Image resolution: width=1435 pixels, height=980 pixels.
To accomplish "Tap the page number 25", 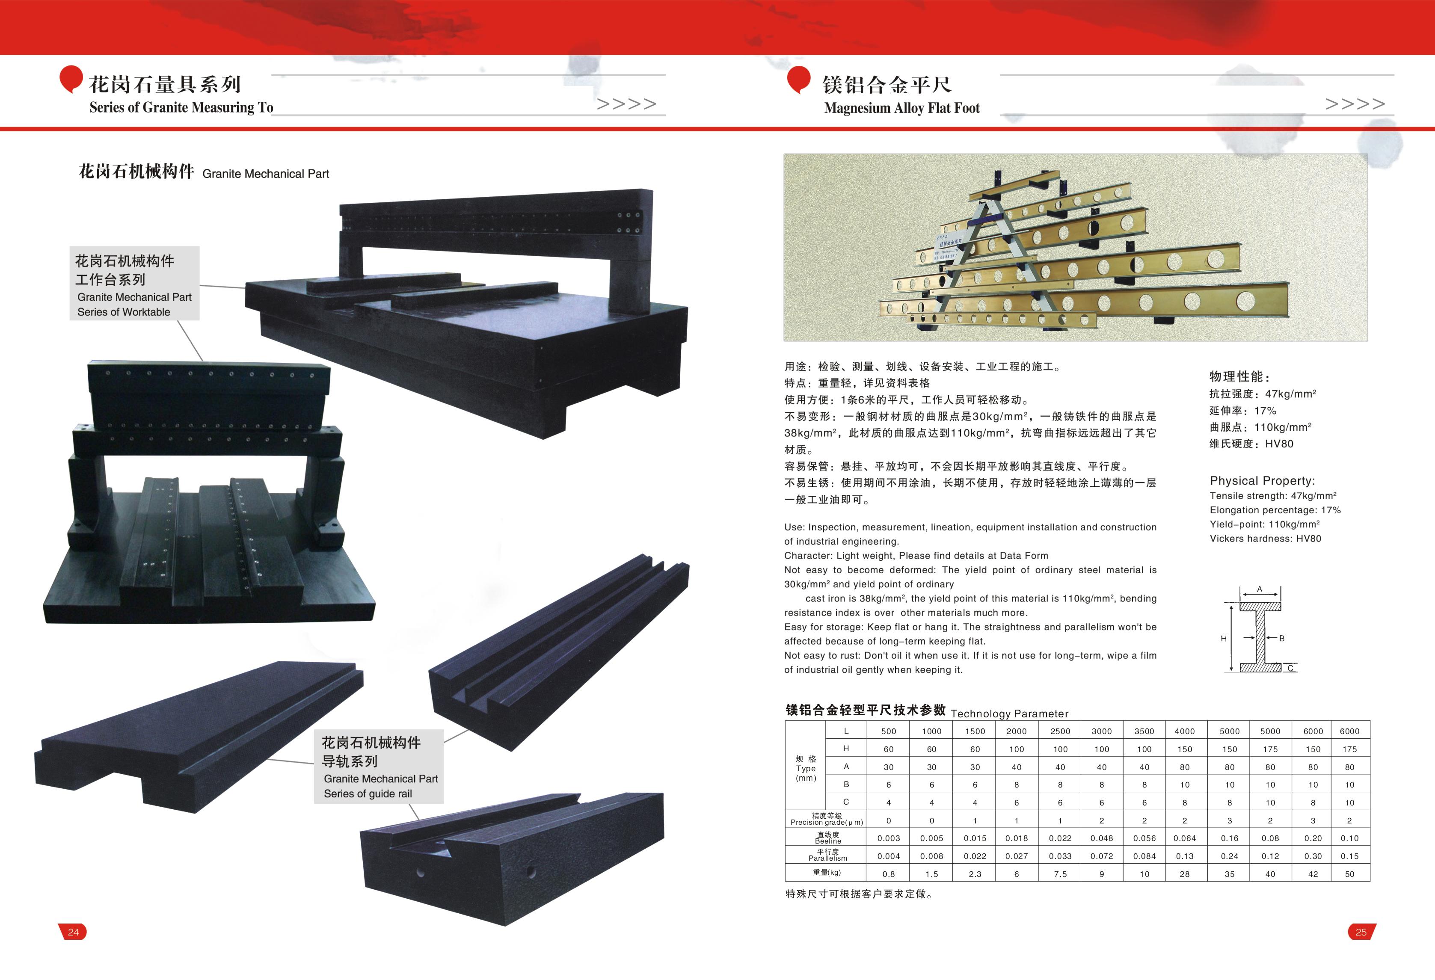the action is pyautogui.click(x=1361, y=932).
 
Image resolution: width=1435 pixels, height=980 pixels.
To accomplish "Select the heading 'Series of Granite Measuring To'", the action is pyautogui.click(x=181, y=107).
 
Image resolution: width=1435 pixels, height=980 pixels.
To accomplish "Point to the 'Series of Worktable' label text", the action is pyautogui.click(x=124, y=312).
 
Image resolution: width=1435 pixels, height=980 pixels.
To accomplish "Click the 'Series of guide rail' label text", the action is pyautogui.click(x=368, y=793).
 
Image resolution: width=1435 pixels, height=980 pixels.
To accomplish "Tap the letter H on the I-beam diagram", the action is pyautogui.click(x=1223, y=639).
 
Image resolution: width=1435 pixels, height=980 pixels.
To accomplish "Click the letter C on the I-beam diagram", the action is pyautogui.click(x=1290, y=668).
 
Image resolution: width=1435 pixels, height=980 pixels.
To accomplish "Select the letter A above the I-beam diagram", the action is pyautogui.click(x=1260, y=589).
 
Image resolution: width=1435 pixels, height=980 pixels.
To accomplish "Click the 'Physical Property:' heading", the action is pyautogui.click(x=1262, y=480).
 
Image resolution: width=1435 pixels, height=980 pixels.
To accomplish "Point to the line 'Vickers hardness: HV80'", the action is pyautogui.click(x=1265, y=539).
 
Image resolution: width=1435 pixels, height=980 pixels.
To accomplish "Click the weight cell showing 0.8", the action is pyautogui.click(x=889, y=874).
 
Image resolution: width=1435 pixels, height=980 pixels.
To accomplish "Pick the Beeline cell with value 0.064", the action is pyautogui.click(x=1184, y=838).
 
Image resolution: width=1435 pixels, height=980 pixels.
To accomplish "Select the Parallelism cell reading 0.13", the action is pyautogui.click(x=1184, y=856).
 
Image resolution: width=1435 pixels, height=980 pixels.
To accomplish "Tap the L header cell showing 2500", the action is pyautogui.click(x=1060, y=731).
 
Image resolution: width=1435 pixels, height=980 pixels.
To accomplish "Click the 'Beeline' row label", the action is pyautogui.click(x=827, y=841).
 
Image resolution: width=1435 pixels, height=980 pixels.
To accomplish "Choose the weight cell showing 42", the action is pyautogui.click(x=1313, y=874).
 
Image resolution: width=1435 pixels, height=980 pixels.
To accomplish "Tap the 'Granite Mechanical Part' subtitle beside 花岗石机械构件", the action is pyautogui.click(x=266, y=174).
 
